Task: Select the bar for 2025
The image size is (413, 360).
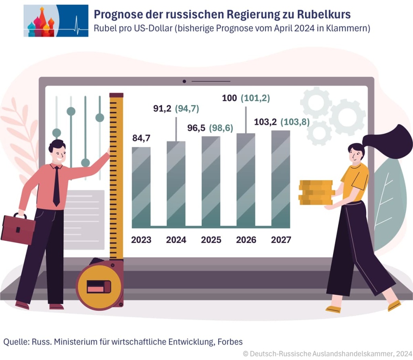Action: pyautogui.click(x=211, y=181)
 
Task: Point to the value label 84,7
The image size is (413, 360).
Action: pyautogui.click(x=141, y=138)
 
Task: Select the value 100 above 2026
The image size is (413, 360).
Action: pyautogui.click(x=229, y=98)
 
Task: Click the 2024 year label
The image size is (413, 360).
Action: pyautogui.click(x=176, y=240)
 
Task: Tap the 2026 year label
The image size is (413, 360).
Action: pyautogui.click(x=246, y=240)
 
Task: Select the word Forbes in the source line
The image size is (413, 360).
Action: pyautogui.click(x=230, y=342)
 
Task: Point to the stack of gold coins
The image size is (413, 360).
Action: pyautogui.click(x=316, y=192)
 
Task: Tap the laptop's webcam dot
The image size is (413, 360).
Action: pyautogui.click(x=184, y=81)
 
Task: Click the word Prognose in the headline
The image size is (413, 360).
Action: pyautogui.click(x=114, y=15)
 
